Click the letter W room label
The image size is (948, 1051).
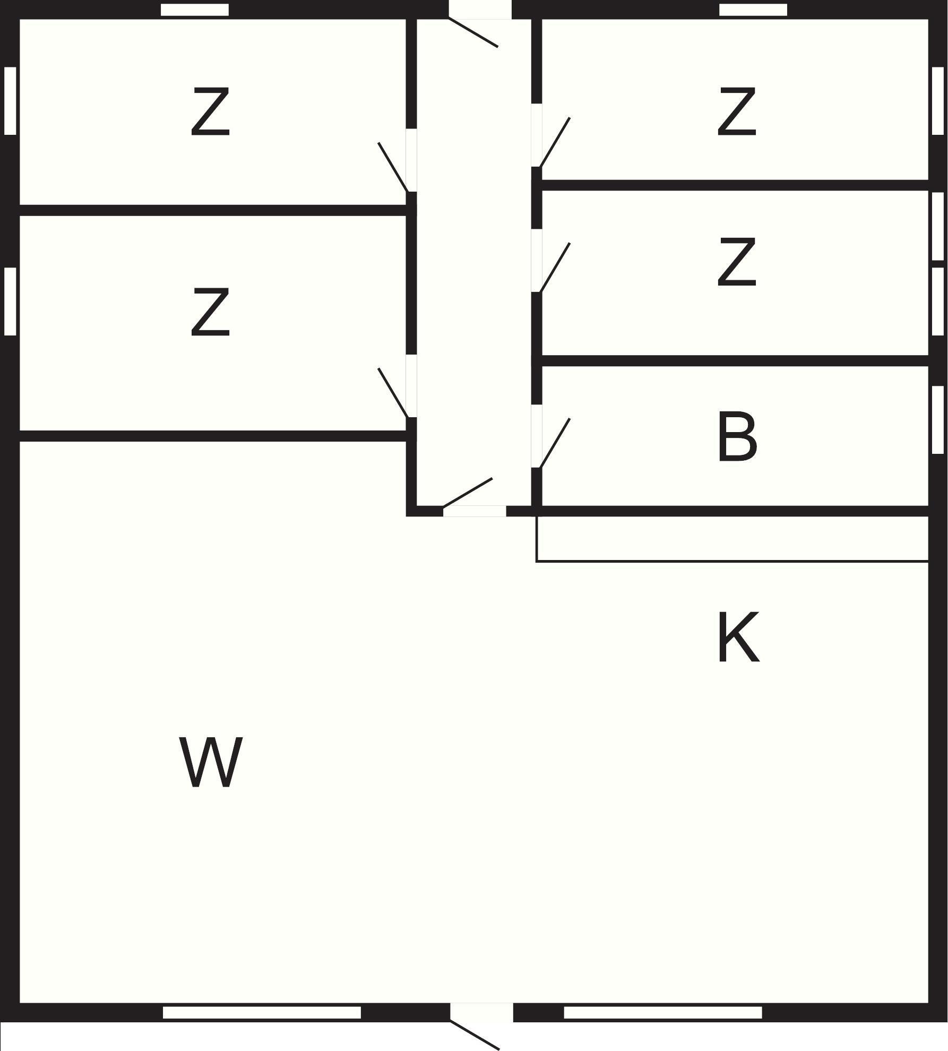click(x=211, y=762)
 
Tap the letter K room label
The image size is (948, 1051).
click(x=737, y=638)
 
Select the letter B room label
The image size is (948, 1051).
click(x=737, y=438)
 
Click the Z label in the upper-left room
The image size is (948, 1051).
click(x=210, y=111)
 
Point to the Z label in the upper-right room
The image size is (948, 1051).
click(x=737, y=111)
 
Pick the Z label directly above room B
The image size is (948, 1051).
click(x=737, y=262)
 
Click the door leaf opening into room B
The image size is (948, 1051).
click(x=555, y=443)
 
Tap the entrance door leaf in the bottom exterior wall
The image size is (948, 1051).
click(x=475, y=1035)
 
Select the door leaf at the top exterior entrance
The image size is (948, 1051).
click(x=473, y=33)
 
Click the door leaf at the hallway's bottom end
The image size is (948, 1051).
click(x=468, y=492)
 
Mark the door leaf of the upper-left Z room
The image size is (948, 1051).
click(x=393, y=167)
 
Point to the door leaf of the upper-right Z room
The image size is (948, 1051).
click(x=555, y=142)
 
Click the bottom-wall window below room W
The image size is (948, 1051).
click(x=262, y=1012)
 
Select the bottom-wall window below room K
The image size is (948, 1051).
click(x=662, y=1012)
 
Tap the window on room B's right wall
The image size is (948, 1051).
click(x=938, y=419)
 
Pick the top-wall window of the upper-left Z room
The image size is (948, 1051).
click(x=195, y=10)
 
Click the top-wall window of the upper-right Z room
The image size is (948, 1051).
click(x=753, y=10)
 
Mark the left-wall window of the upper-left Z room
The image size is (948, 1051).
click(x=10, y=101)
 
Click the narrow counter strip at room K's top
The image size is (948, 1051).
click(x=732, y=538)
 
